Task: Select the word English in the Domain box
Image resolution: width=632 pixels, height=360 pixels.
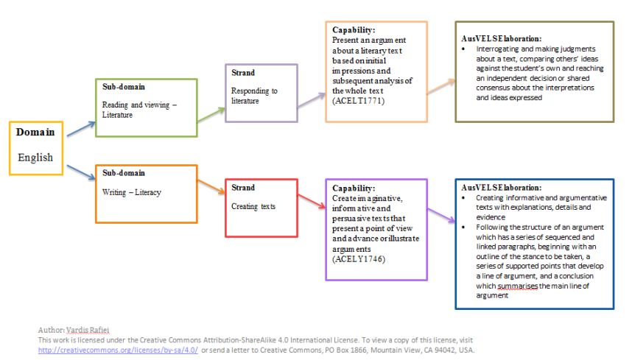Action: click(35, 157)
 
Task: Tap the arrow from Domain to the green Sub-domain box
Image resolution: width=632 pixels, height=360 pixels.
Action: click(80, 128)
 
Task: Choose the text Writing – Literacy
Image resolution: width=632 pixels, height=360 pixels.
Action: click(132, 192)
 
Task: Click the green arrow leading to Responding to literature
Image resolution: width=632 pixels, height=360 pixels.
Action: click(211, 112)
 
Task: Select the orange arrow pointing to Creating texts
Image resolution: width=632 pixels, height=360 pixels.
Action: click(211, 191)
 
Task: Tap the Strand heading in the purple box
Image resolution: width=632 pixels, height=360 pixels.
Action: click(242, 73)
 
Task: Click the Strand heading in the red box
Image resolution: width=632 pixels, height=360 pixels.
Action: click(243, 188)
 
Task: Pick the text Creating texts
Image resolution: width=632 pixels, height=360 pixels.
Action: click(253, 206)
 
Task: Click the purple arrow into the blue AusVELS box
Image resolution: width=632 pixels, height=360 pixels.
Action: click(440, 216)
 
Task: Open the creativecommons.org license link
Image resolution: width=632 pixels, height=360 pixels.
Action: click(118, 350)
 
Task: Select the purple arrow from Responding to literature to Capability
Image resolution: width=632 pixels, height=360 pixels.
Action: click(310, 102)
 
